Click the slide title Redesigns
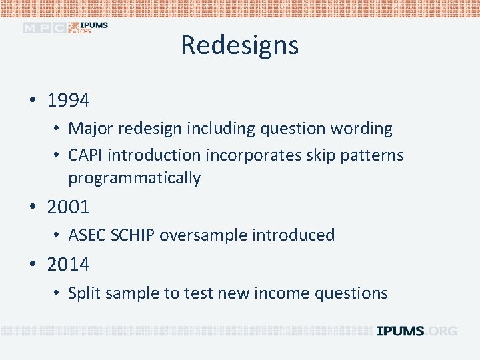coord(239,45)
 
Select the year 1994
coord(68,101)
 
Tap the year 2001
coord(68,207)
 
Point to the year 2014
coord(68,265)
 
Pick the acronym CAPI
coord(85,155)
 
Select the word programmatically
coord(134,178)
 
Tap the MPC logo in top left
coord(44,28)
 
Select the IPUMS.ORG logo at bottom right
coord(416,331)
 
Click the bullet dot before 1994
coord(32,101)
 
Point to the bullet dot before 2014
coord(32,265)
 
